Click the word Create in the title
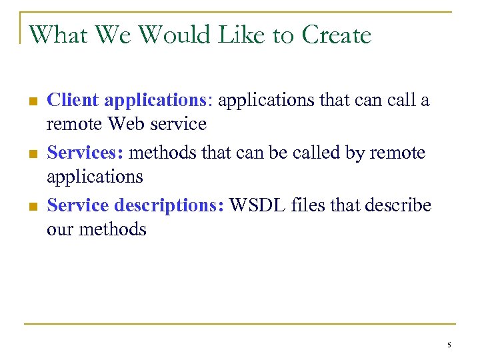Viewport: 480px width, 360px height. click(337, 34)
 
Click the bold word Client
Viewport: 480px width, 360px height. click(73, 100)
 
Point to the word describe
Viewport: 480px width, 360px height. click(399, 205)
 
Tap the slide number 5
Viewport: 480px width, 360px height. click(449, 345)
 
